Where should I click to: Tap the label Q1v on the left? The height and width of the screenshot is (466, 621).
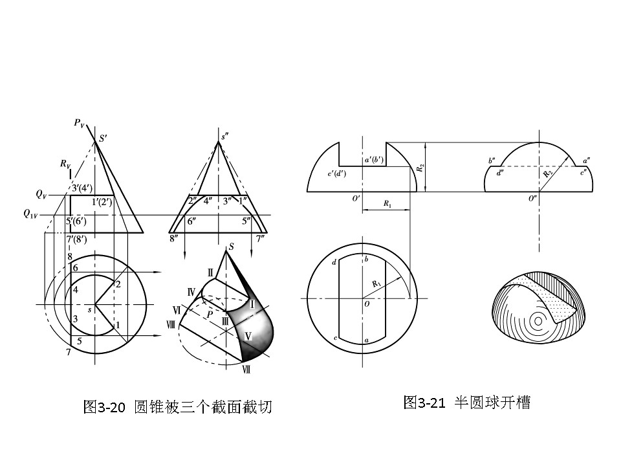[30, 213]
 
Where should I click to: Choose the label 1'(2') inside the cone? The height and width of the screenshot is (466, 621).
[102, 201]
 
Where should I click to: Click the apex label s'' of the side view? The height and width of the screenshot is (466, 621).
[224, 137]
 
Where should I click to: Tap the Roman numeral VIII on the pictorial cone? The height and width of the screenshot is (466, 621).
[171, 326]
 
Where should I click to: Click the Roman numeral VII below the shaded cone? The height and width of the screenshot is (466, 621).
[246, 370]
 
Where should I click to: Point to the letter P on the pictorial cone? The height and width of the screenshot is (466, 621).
[210, 314]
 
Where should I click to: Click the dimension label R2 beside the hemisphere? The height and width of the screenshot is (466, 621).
[421, 168]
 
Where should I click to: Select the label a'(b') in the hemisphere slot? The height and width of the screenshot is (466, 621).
[374, 159]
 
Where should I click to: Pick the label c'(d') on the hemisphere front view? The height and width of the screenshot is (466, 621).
[336, 174]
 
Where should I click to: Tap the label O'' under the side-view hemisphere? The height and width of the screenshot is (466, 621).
[533, 199]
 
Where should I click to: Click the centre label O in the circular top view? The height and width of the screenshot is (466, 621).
[366, 304]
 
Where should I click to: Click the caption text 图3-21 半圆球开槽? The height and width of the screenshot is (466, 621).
[466, 403]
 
